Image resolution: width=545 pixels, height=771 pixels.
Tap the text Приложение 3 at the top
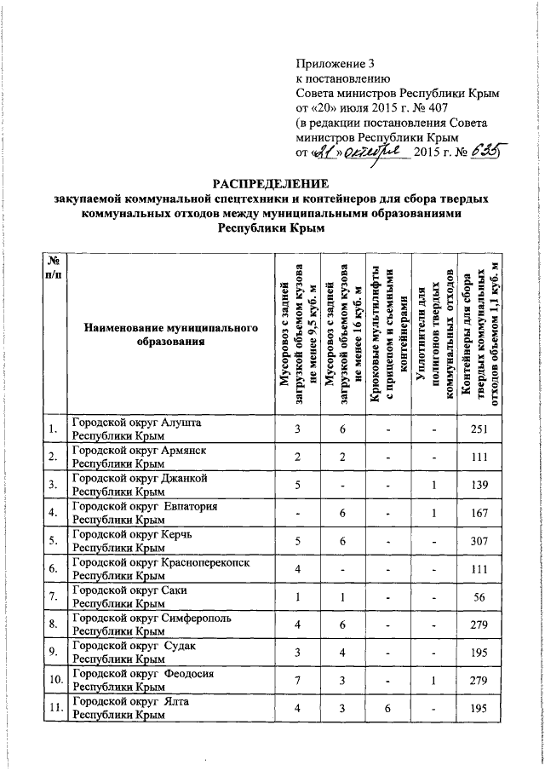tap(335, 62)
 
